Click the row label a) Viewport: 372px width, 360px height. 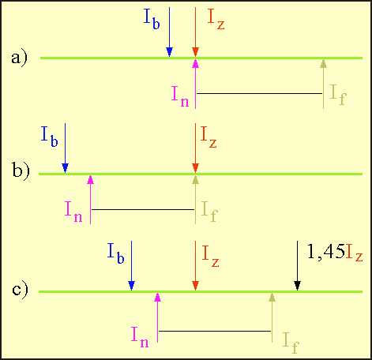point(19,58)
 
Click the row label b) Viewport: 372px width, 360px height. point(21,171)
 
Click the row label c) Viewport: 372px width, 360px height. point(20,290)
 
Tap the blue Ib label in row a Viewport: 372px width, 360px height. point(152,19)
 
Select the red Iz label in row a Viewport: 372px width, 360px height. point(216,19)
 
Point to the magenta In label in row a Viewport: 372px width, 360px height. point(180,96)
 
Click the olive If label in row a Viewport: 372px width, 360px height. point(338,96)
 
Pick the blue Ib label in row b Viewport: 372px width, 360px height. point(49,137)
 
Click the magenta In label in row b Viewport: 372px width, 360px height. point(73,212)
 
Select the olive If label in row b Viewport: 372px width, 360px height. point(209,212)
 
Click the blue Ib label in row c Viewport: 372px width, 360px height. point(115,253)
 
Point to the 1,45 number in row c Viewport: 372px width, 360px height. point(326,252)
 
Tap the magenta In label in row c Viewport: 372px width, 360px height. point(140,337)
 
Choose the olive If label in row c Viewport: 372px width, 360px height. point(291,343)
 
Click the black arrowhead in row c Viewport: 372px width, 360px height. point(297,286)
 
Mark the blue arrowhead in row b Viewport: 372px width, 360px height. point(65,168)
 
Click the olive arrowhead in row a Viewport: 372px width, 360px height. point(323,63)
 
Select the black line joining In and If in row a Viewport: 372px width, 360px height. point(259,93)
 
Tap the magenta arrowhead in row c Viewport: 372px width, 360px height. point(157,297)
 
